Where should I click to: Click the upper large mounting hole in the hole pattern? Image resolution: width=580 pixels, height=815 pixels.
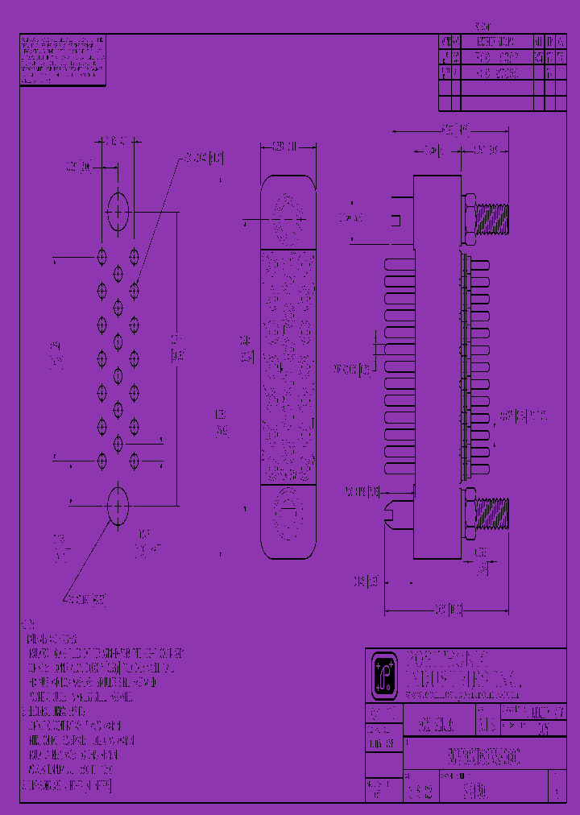[x=118, y=212]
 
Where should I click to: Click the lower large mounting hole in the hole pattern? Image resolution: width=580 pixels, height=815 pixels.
[x=118, y=507]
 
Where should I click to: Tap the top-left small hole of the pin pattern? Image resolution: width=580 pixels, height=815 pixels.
[x=102, y=256]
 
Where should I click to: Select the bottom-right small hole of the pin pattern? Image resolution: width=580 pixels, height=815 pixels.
[x=135, y=461]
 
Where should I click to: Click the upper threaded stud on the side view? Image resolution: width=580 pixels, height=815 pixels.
[x=492, y=218]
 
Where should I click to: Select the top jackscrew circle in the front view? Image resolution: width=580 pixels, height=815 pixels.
[x=287, y=217]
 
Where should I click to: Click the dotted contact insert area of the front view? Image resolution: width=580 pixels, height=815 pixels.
[x=287, y=366]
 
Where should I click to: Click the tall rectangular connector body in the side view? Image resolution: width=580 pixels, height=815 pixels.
[x=437, y=366]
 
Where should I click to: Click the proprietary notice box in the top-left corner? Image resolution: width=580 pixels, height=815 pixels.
[x=62, y=60]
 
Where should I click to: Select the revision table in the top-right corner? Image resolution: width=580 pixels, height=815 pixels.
[x=501, y=72]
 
